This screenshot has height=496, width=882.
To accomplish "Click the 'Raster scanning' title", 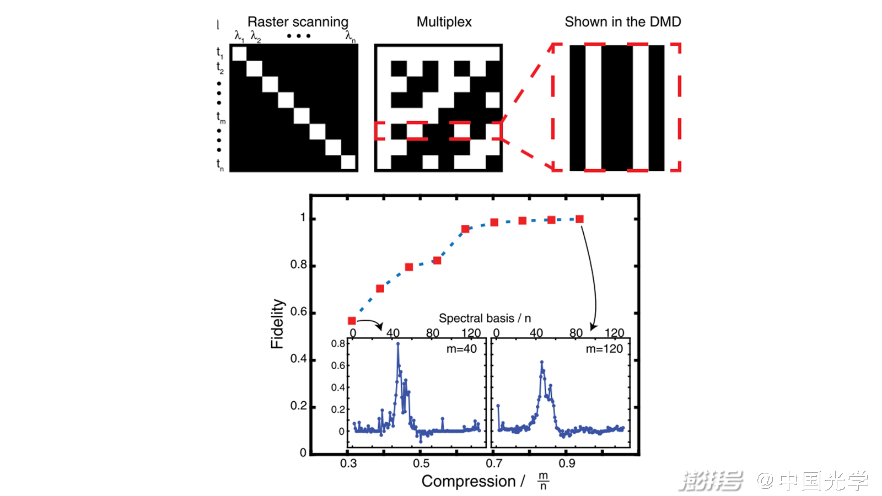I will [298, 22].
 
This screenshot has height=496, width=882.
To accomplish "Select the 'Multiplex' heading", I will [444, 22].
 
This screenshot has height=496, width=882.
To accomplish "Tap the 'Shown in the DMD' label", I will [622, 22].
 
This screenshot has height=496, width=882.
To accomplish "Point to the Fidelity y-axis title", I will [277, 324].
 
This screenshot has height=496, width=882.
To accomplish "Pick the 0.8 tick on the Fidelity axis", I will [299, 265].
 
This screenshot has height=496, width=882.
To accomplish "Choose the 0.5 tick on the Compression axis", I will [421, 463].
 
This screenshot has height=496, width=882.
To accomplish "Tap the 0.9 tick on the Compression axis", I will [567, 463].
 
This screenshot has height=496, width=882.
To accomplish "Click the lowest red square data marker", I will [352, 321].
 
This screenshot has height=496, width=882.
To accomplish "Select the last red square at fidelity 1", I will [579, 219].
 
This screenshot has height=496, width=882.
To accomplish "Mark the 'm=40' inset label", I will [461, 349].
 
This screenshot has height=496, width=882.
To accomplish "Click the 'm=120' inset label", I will [604, 349].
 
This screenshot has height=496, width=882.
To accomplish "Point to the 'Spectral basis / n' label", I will [485, 319].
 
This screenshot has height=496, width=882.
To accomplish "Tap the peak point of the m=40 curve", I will [398, 344].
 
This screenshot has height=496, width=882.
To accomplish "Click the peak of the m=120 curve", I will [542, 362].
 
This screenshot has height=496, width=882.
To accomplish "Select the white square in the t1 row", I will [239, 53].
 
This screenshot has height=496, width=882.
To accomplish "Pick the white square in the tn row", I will [348, 163].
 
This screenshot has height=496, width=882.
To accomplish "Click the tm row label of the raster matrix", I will [220, 117].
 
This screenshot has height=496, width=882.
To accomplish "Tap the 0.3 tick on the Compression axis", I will [348, 463].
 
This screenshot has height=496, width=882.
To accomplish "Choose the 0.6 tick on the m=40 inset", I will [338, 365].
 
